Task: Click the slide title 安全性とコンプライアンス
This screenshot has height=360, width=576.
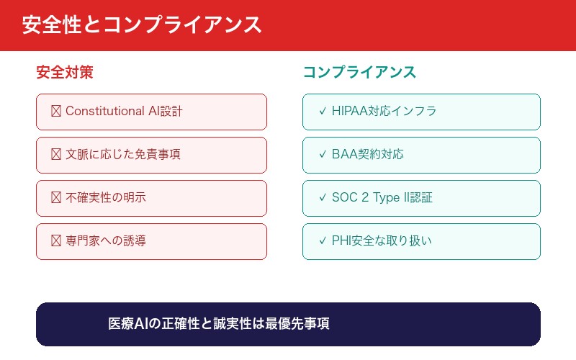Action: [x=141, y=25]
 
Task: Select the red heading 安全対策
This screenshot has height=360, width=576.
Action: [x=65, y=73]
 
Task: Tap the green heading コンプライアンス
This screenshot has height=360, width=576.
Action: [x=359, y=73]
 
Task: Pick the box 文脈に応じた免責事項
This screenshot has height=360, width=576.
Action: [x=151, y=155]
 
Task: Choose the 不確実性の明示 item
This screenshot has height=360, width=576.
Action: [x=151, y=198]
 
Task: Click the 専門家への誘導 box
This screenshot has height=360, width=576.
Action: [x=151, y=241]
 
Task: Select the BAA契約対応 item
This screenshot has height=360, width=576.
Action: [x=421, y=155]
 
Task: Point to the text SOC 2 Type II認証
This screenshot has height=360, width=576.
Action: [x=382, y=198]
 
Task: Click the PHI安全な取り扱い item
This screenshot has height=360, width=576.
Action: [x=421, y=241]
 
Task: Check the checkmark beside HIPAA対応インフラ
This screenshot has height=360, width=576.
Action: [x=322, y=112]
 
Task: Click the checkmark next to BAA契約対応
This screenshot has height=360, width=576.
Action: [x=322, y=155]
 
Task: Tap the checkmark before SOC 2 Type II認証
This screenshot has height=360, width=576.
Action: [x=322, y=198]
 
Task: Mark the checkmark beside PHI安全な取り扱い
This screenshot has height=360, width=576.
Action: [x=322, y=241]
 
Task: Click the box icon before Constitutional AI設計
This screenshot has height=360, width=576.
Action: [x=55, y=112]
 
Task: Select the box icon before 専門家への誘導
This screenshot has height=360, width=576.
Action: [x=55, y=241]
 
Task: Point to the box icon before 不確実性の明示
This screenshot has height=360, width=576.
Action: [x=55, y=198]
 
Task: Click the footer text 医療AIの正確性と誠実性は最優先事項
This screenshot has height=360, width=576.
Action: [x=219, y=324]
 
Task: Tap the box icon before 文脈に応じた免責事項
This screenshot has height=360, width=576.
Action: [x=55, y=155]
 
